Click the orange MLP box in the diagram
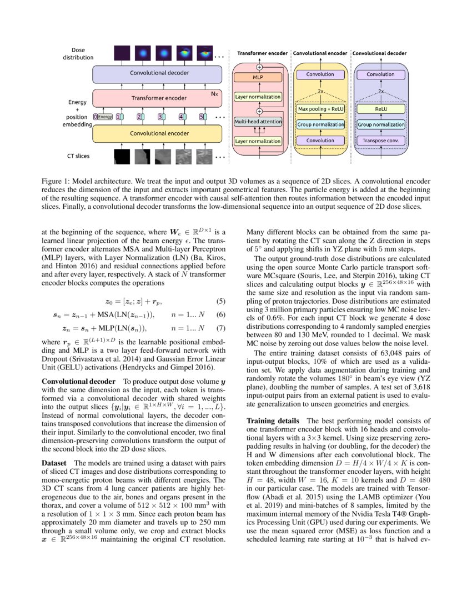tap(258, 78)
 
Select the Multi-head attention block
tap(258, 121)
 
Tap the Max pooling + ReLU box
tap(320, 109)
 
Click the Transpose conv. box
tap(380, 141)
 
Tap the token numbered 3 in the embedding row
tap(160, 117)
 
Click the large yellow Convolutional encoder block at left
tap(159, 134)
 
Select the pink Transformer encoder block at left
tap(159, 98)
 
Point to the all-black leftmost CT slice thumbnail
tap(122, 157)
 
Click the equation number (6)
tap(220, 314)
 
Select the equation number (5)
tap(220, 302)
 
